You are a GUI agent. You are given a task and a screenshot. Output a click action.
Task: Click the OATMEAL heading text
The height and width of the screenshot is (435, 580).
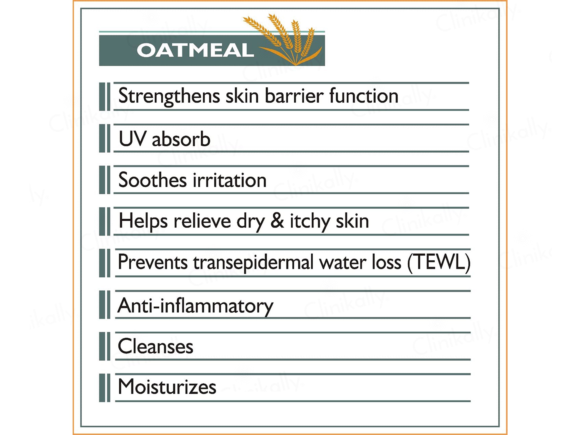pyautogui.click(x=195, y=50)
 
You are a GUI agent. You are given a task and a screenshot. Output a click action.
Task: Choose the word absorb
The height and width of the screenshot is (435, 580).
pyautogui.click(x=181, y=139)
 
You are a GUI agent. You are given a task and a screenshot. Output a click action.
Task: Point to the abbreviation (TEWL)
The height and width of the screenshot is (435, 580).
pyautogui.click(x=439, y=262)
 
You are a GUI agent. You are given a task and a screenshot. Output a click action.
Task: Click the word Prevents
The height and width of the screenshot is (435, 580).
pyautogui.click(x=153, y=262)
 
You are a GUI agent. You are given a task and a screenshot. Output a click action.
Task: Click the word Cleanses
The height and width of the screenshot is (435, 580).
pyautogui.click(x=155, y=346)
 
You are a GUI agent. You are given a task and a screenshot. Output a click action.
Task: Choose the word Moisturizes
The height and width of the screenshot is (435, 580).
pyautogui.click(x=167, y=387)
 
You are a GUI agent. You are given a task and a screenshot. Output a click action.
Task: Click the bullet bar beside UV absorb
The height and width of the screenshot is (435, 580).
pyautogui.click(x=105, y=138)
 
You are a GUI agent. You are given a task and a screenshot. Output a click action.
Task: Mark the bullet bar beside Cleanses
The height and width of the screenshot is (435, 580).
pyautogui.click(x=105, y=346)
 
